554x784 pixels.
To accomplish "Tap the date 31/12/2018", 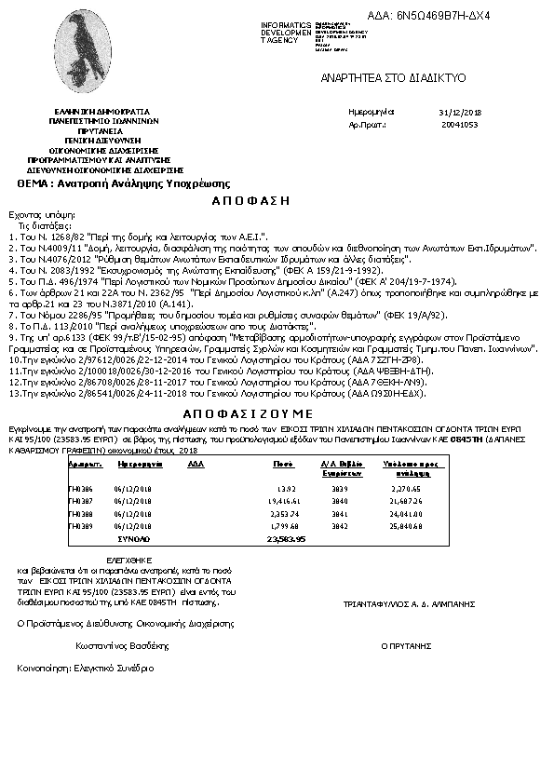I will [x=458, y=111].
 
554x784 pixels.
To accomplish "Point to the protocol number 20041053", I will [x=460, y=123].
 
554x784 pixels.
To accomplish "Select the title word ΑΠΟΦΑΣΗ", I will [x=245, y=200].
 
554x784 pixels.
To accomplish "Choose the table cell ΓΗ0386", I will [x=82, y=487].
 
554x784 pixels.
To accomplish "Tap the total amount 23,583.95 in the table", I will [x=286, y=538].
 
